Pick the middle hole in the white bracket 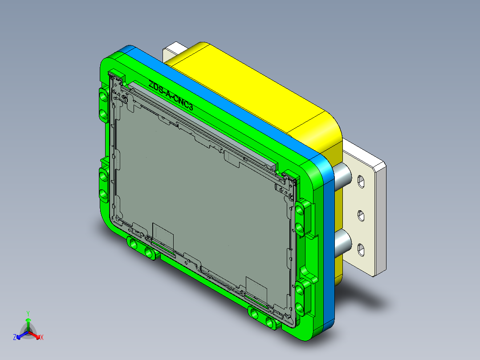pos(361,216)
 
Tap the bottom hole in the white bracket pos(361,250)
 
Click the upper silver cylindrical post pos(343,176)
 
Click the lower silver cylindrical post pos(343,243)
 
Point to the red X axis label pos(42,338)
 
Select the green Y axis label pos(28,313)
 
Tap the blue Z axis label pos(15,338)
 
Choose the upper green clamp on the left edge pos(103,105)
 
